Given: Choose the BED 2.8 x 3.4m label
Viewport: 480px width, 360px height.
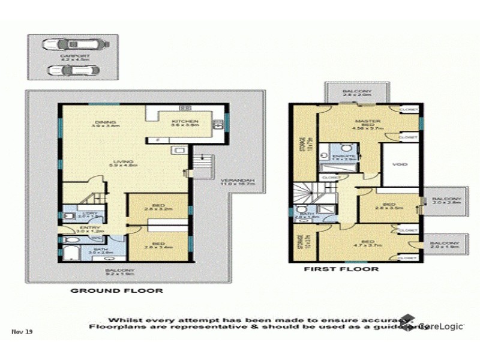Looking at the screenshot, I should pyautogui.click(x=159, y=244).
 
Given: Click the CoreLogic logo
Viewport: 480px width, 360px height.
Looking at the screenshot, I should pyautogui.click(x=441, y=325).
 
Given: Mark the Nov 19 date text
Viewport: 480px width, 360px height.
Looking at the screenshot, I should pyautogui.click(x=19, y=331).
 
